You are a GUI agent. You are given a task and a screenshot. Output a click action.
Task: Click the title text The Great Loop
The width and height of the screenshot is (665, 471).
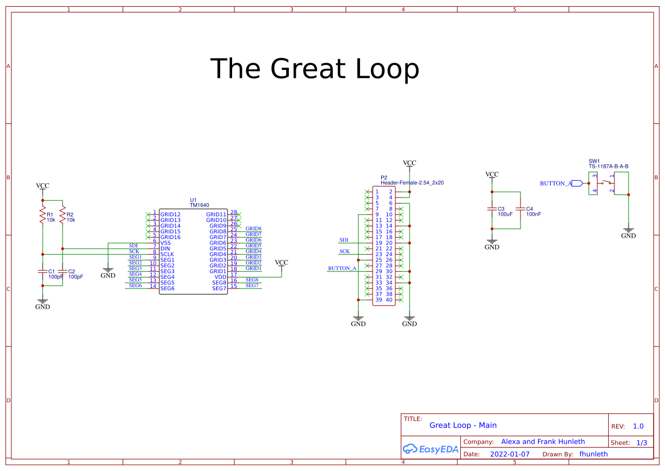coord(315,69)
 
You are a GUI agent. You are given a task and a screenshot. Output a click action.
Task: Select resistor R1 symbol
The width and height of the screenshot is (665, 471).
coord(42,216)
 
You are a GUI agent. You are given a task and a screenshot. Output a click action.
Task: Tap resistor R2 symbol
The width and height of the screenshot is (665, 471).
coord(62,216)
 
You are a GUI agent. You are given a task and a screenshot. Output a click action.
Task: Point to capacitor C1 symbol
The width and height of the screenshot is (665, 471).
coord(42,271)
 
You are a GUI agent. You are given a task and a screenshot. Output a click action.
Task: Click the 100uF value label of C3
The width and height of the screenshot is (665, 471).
coord(505,214)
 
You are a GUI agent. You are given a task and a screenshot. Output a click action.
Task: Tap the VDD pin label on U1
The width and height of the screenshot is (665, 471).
coord(220,277)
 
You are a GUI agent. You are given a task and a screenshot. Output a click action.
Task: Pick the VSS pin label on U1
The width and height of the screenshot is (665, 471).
coord(166,243)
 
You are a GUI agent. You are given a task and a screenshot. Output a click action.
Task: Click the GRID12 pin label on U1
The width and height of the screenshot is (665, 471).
coord(170,214)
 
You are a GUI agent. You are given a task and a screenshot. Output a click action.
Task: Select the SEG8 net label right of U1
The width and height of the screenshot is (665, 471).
coord(252,280)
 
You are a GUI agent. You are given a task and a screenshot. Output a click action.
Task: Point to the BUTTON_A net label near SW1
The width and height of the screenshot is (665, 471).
coord(555,183)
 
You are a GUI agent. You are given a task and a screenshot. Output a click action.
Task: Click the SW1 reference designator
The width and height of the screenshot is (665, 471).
coord(594,162)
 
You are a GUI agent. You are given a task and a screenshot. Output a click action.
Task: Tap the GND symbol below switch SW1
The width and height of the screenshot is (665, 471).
coord(628,233)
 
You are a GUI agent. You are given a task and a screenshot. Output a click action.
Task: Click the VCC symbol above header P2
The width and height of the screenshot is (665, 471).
coord(409,164)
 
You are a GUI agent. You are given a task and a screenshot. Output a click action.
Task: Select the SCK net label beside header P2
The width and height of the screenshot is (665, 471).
coord(345,251)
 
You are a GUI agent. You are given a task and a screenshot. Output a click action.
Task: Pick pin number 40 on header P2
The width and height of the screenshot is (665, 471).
coord(389,300)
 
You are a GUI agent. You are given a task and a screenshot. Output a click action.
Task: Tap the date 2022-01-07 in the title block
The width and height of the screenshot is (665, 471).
coord(510,455)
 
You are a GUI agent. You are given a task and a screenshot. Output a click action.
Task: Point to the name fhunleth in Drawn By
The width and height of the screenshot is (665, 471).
coord(593,455)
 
